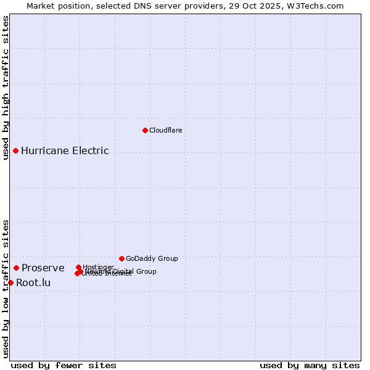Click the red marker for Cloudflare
click(145, 130)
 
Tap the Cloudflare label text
click(165, 130)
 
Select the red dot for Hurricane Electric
click(15, 150)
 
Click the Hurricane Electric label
click(65, 150)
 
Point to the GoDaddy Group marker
click(121, 258)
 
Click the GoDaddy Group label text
click(152, 258)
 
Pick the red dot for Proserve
click(17, 268)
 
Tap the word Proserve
click(43, 268)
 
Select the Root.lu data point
click(10, 282)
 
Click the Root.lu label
click(33, 283)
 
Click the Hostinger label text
click(98, 266)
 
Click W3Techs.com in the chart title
click(317, 6)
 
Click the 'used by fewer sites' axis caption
click(64, 365)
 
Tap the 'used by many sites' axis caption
click(310, 365)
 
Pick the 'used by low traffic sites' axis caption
click(6, 288)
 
